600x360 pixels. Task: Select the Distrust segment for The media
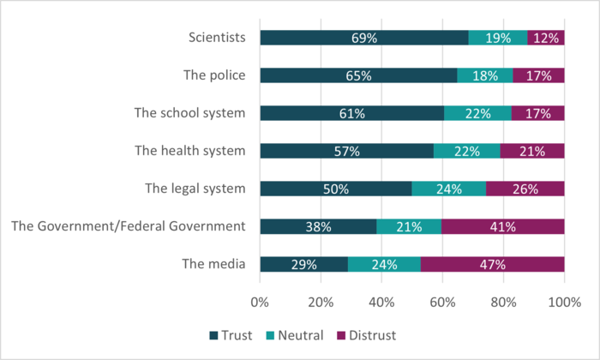point(493,264)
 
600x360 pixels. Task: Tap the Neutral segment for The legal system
point(448,189)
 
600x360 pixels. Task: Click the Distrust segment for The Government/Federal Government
point(502,226)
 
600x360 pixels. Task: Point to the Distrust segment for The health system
point(532,151)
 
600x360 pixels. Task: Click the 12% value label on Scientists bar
point(546,38)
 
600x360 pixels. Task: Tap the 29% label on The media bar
point(304,264)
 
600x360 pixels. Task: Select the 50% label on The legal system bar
point(335,189)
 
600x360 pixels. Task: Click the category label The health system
point(190,151)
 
